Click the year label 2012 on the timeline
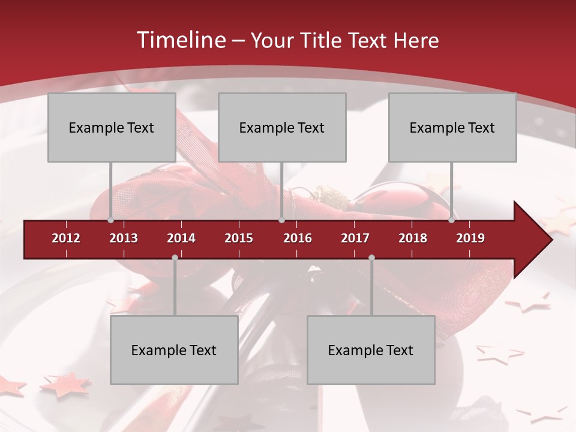66,238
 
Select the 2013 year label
124,238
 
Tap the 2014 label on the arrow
181,238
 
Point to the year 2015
239,238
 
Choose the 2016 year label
298,238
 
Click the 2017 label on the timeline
355,238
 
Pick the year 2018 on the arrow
413,238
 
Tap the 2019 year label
470,238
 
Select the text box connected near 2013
112,127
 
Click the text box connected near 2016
282,127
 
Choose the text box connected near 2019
452,127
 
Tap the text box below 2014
174,350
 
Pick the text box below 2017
371,350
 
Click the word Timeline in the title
180,40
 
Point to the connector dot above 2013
111,220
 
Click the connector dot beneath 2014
175,258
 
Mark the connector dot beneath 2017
371,258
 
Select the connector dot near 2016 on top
281,220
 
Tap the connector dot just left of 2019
452,220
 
